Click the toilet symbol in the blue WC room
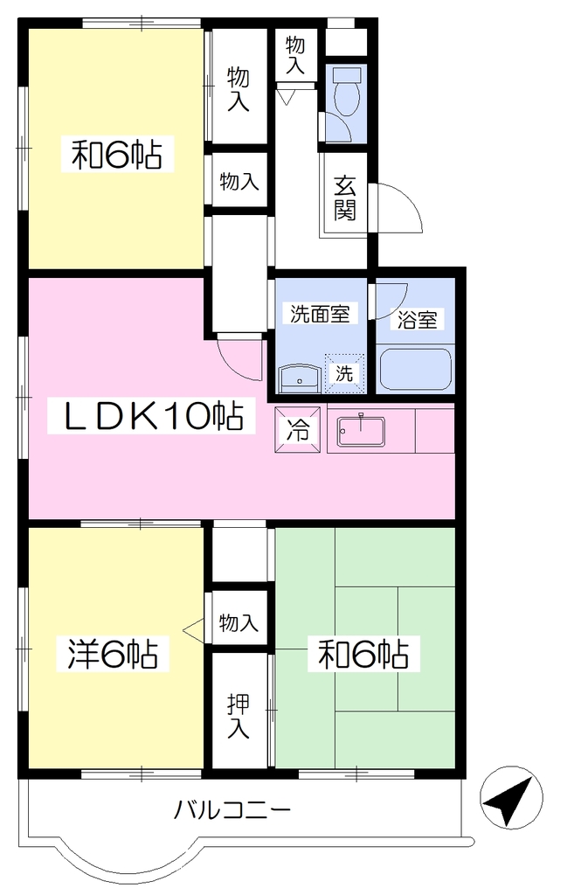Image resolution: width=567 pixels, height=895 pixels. click(347, 91)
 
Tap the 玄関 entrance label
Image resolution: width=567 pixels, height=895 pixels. click(346, 198)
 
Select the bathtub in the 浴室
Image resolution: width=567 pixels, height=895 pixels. click(416, 369)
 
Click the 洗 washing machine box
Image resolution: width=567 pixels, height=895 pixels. click(344, 373)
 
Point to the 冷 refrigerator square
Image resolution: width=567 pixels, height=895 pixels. click(298, 429)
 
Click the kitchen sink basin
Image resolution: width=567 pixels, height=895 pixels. click(361, 432)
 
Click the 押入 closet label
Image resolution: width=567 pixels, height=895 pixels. click(238, 716)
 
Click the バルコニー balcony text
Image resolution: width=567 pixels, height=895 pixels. click(232, 809)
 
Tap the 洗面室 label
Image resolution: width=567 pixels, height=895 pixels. click(320, 314)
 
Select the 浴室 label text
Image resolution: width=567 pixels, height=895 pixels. click(417, 320)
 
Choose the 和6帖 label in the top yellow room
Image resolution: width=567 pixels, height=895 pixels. click(116, 154)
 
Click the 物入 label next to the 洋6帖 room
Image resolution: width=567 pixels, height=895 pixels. click(239, 621)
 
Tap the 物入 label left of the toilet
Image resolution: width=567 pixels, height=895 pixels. click(295, 54)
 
